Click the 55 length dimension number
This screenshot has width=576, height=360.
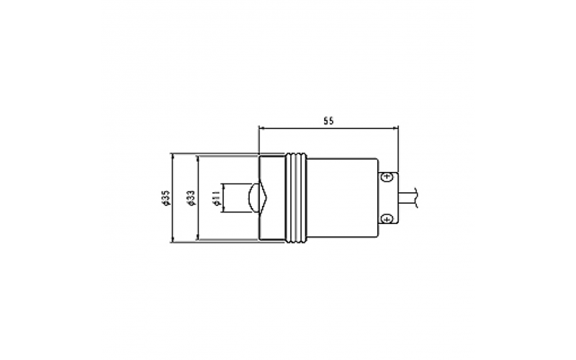(x=328, y=121)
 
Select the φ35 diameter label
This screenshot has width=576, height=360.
(x=166, y=197)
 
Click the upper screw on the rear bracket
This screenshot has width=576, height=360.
(x=387, y=176)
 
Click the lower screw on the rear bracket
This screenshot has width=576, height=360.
(x=387, y=217)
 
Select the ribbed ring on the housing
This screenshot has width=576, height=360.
(x=297, y=197)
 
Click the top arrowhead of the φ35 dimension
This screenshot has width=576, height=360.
(x=174, y=156)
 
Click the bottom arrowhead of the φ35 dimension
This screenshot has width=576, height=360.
(x=174, y=239)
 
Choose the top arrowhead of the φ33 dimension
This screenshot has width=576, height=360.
(x=197, y=159)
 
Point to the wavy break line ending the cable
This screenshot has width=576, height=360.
(x=419, y=197)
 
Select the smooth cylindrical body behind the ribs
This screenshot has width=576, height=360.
(x=343, y=197)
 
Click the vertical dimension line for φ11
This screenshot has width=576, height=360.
(x=224, y=197)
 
